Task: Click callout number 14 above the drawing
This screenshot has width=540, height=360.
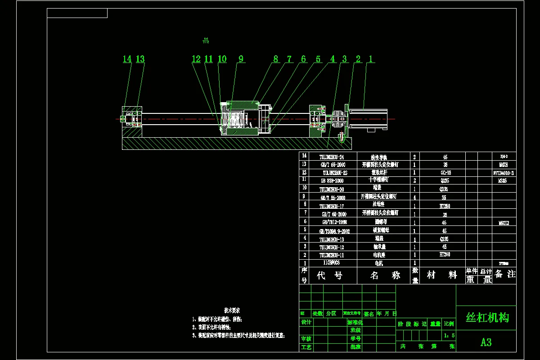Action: point(127,59)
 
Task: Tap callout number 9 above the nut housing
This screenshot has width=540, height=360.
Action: point(241,59)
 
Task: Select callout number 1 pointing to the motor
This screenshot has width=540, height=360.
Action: point(371,59)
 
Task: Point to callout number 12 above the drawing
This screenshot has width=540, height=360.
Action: point(196,59)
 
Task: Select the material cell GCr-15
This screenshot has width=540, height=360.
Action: point(445,173)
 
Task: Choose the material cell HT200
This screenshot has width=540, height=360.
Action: point(445,255)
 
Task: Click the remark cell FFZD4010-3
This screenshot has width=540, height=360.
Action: point(503,173)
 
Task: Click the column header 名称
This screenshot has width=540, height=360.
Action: point(385,275)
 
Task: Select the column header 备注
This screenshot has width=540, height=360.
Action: point(504,274)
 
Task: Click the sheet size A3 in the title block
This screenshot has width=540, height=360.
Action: point(486,342)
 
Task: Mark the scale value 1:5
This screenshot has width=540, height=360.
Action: point(449,335)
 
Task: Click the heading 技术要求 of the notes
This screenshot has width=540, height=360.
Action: point(232,310)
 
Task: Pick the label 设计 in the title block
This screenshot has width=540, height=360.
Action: point(306,322)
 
